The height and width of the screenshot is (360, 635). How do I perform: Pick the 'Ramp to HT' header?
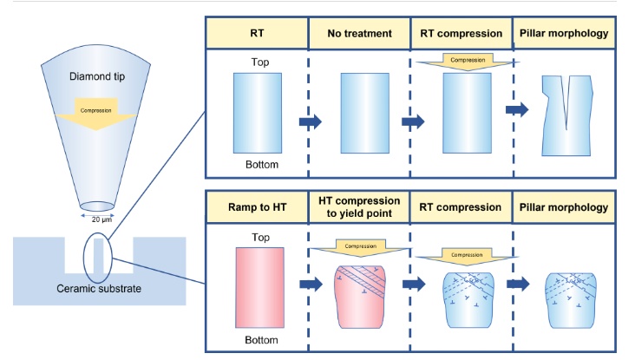pyautogui.click(x=256, y=208)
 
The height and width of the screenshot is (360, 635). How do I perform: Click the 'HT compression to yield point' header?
pyautogui.click(x=358, y=208)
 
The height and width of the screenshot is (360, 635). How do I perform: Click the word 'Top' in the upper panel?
pyautogui.click(x=256, y=62)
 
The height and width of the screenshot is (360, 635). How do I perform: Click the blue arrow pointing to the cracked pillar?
pyautogui.click(x=517, y=110)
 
